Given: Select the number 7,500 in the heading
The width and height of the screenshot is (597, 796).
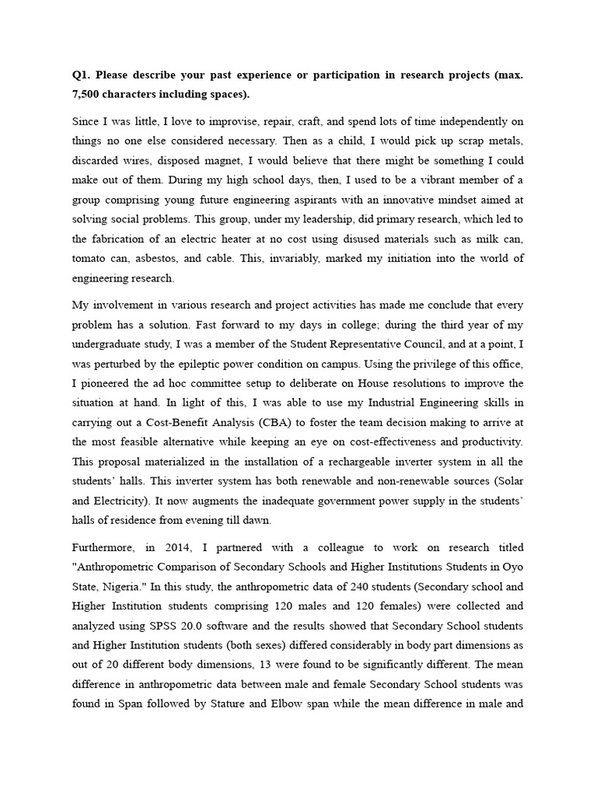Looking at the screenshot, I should pos(89,94).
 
